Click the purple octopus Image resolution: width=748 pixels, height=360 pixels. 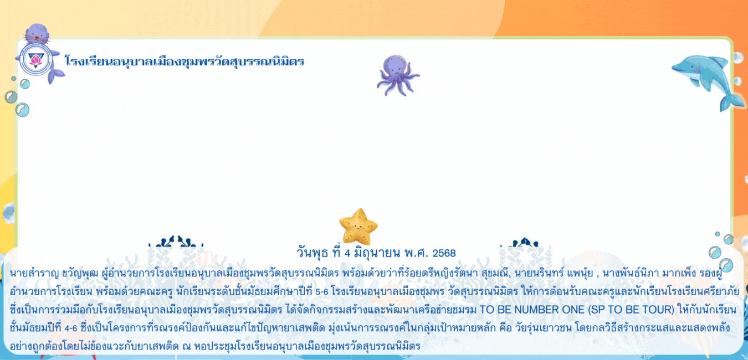(x=397, y=75)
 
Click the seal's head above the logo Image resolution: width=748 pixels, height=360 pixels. (x=37, y=33)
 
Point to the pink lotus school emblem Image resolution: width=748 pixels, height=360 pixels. (x=35, y=60)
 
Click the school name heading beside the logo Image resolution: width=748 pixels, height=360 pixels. (x=185, y=62)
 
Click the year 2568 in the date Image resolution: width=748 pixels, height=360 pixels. (x=444, y=253)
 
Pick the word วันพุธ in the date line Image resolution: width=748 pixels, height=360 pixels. (x=312, y=253)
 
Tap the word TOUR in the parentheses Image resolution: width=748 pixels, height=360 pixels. (x=655, y=310)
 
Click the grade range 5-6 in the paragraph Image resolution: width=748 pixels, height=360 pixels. (x=322, y=292)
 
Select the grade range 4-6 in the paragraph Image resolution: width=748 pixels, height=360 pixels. (x=71, y=328)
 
